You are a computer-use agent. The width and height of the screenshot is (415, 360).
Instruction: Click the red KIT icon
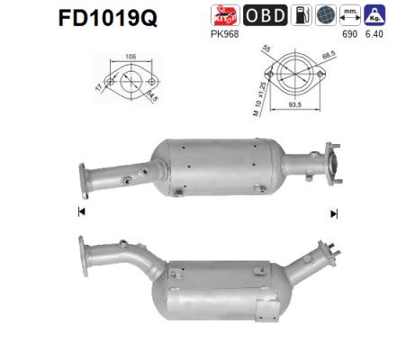[x=223, y=16]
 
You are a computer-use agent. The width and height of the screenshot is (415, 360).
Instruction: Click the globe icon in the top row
[x=327, y=16]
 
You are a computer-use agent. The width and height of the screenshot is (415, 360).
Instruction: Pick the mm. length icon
[x=352, y=15]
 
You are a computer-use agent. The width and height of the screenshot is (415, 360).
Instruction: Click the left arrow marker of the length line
[x=81, y=212]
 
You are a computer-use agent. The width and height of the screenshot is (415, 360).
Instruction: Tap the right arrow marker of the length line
[x=334, y=213]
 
